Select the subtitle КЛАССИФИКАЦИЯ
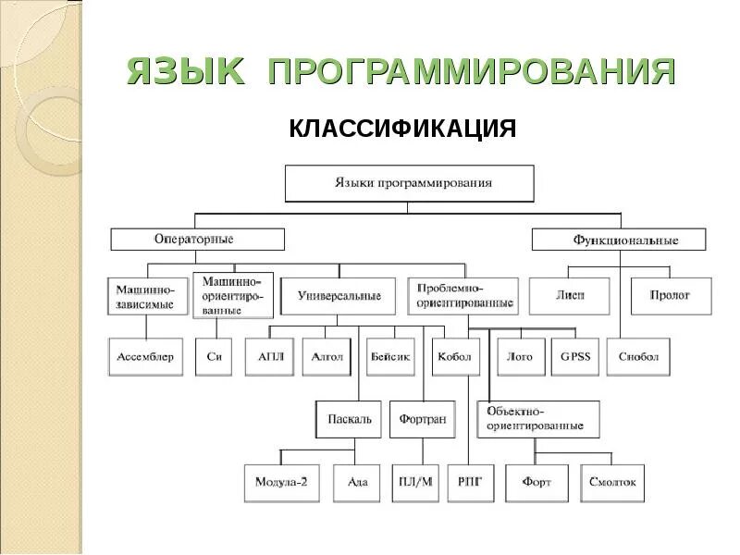(402, 128)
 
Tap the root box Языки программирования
(409, 182)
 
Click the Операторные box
(197, 239)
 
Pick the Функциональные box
(618, 240)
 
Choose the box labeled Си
(213, 356)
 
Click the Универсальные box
(339, 296)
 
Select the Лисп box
(570, 295)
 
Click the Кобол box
(455, 356)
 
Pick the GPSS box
(575, 356)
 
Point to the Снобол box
(638, 356)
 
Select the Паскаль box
(349, 418)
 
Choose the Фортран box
(423, 418)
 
